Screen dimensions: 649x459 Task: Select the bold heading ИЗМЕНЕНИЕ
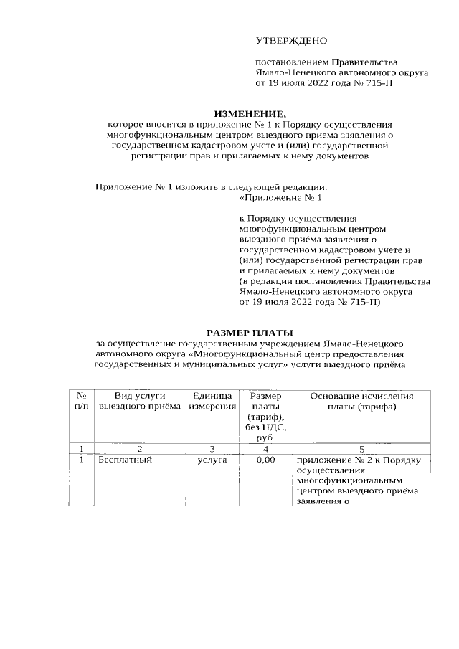pyautogui.click(x=250, y=113)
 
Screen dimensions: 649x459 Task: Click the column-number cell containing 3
pyautogui.click(x=212, y=448)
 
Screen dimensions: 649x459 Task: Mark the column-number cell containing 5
pyautogui.click(x=361, y=448)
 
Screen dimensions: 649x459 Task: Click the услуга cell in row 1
pyautogui.click(x=212, y=460)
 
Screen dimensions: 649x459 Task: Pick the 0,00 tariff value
pyautogui.click(x=266, y=460)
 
